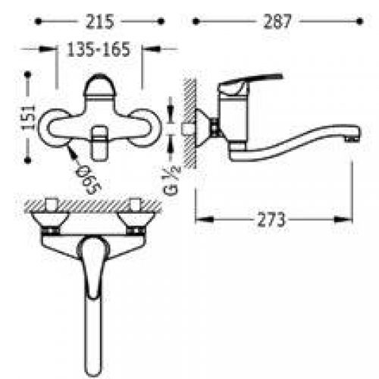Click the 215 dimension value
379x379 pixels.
tap(99, 21)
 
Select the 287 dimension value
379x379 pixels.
tap(277, 21)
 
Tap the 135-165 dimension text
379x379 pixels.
tap(99, 49)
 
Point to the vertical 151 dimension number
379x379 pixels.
tap(28, 117)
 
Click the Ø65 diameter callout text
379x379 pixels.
tap(89, 180)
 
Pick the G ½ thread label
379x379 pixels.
tap(172, 180)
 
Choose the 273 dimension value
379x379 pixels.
tap(271, 220)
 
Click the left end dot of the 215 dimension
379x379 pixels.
tap(38, 21)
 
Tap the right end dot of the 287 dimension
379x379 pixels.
tap(360, 21)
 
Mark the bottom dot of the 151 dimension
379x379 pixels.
tap(28, 160)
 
